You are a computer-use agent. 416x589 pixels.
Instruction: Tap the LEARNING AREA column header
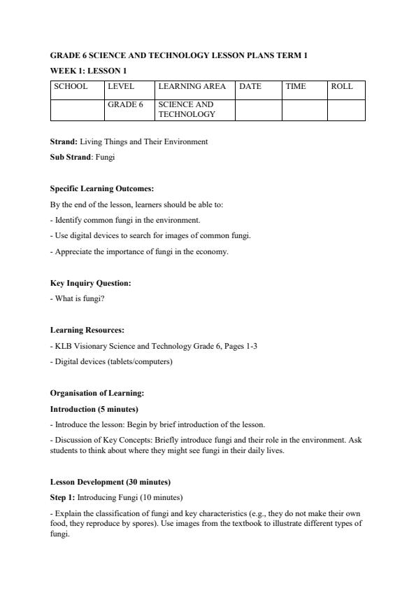click(192, 87)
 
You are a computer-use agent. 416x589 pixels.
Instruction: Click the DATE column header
click(250, 87)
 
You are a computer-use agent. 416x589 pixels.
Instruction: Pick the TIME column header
click(296, 87)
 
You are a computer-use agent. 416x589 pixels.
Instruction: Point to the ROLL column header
click(342, 87)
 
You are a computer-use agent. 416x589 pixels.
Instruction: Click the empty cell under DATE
click(258, 109)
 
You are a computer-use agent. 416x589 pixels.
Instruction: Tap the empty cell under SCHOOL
click(77, 109)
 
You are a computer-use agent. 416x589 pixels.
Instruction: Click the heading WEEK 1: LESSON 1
click(88, 71)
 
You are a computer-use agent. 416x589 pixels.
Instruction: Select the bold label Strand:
click(64, 141)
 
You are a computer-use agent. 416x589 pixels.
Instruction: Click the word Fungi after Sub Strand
click(105, 157)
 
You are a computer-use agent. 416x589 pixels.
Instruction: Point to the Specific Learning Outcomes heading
click(102, 188)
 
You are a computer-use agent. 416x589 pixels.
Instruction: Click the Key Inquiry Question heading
click(90, 283)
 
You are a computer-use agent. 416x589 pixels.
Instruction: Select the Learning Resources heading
click(87, 330)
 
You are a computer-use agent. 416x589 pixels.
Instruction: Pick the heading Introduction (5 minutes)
click(94, 409)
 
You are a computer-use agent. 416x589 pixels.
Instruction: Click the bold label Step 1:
click(62, 497)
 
